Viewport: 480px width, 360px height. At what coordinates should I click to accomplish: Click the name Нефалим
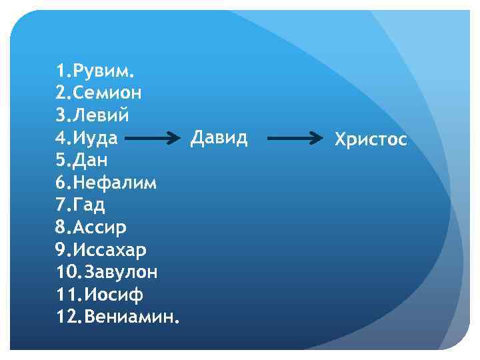pyautogui.click(x=115, y=183)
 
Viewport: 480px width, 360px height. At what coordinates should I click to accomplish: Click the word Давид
pyautogui.click(x=219, y=138)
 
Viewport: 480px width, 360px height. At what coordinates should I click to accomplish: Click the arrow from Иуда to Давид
pyautogui.click(x=154, y=139)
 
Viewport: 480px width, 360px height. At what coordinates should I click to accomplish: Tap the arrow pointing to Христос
pyautogui.click(x=296, y=139)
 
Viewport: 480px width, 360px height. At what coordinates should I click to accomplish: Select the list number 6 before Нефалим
pyautogui.click(x=61, y=183)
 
